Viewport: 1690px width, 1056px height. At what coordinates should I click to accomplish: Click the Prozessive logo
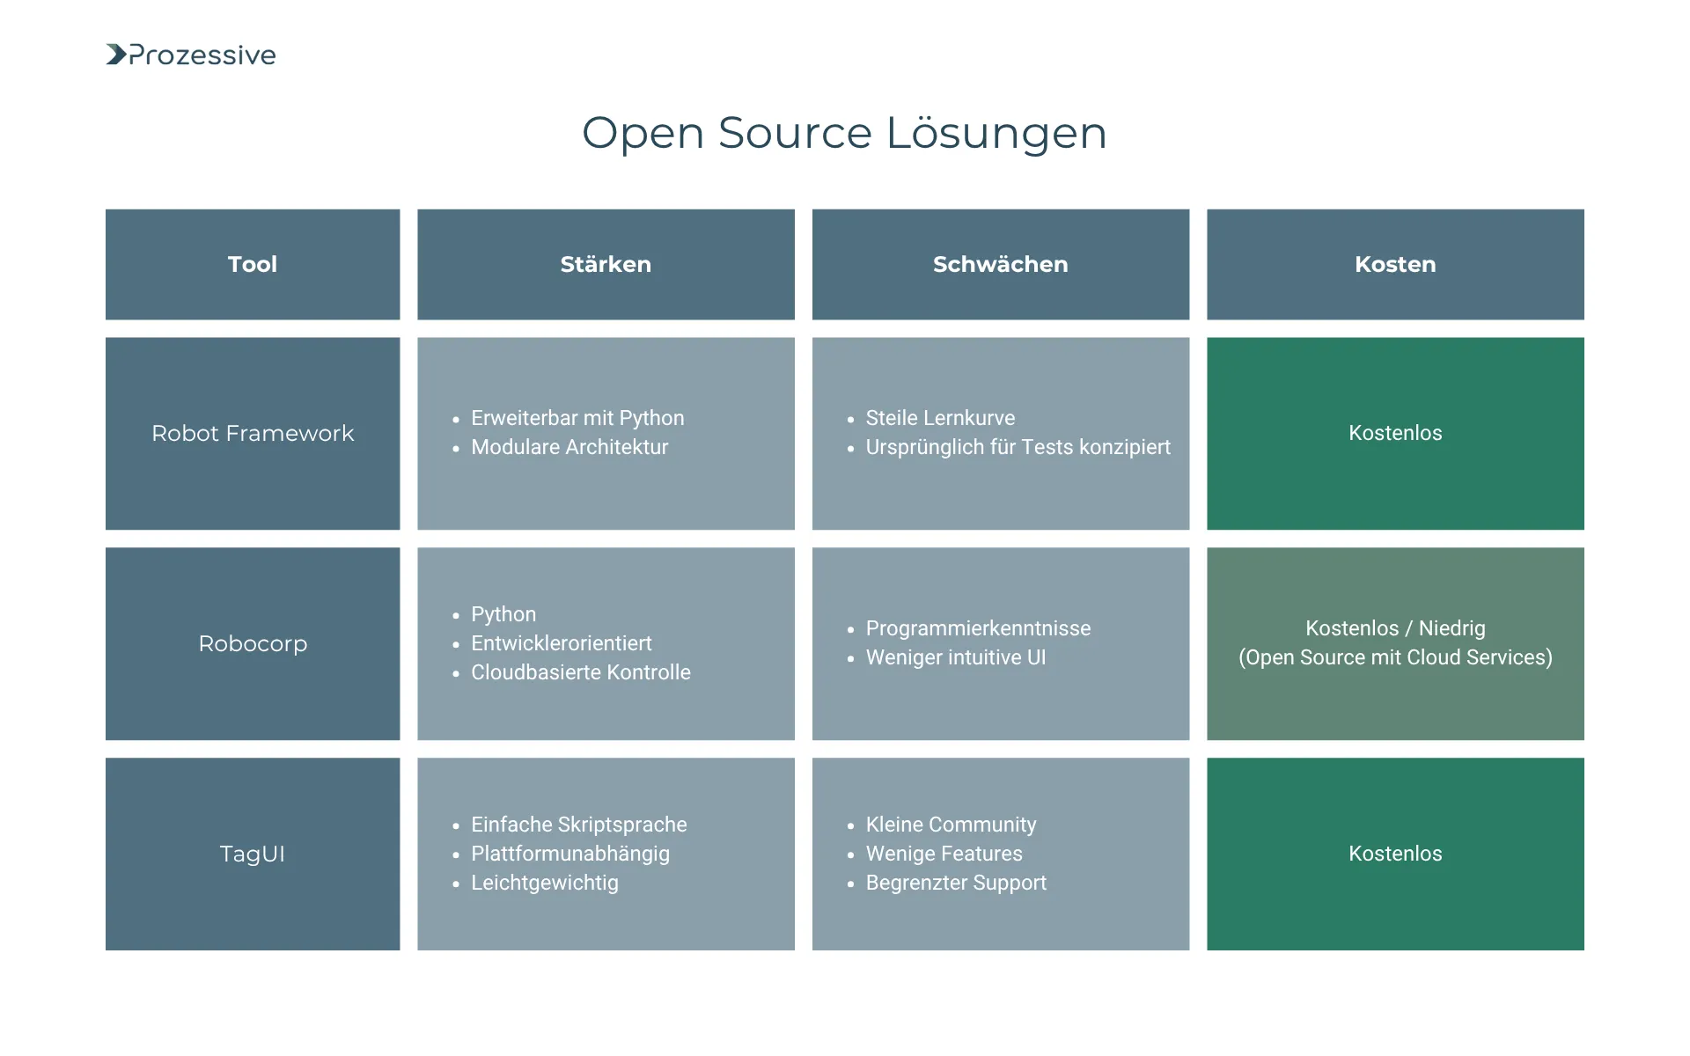point(191,55)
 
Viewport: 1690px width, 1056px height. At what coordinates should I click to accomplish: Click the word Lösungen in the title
point(996,133)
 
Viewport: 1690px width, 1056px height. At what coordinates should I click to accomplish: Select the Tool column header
point(253,264)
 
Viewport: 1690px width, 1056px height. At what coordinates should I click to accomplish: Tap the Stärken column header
point(606,264)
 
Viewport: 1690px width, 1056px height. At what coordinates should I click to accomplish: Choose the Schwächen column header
point(1000,264)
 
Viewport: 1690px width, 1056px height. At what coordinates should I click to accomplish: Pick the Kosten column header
point(1395,264)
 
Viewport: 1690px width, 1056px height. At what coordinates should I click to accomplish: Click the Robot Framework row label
point(253,433)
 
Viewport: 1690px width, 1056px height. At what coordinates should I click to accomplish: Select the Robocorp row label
point(253,643)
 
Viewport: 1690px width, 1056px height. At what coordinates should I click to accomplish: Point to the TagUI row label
point(253,854)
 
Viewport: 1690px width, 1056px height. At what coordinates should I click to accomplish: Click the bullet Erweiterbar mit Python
point(577,418)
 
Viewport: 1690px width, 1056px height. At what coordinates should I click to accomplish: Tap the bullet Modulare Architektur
point(569,447)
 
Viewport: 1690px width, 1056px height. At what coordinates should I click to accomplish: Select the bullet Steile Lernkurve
point(940,418)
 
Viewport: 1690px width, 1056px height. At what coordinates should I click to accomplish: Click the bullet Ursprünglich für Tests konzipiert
point(1018,447)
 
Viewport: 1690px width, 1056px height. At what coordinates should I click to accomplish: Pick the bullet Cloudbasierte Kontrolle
point(580,672)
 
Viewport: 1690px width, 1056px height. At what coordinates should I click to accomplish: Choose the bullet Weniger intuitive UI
point(956,657)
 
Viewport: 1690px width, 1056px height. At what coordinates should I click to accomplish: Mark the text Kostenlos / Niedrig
point(1395,628)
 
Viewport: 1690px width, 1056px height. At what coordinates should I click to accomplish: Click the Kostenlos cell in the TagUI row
point(1395,854)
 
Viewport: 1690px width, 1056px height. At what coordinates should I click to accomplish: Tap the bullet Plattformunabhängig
point(569,854)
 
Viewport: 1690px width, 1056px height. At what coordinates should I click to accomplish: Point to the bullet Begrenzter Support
point(956,883)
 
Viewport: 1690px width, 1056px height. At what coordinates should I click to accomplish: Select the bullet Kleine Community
point(951,825)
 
